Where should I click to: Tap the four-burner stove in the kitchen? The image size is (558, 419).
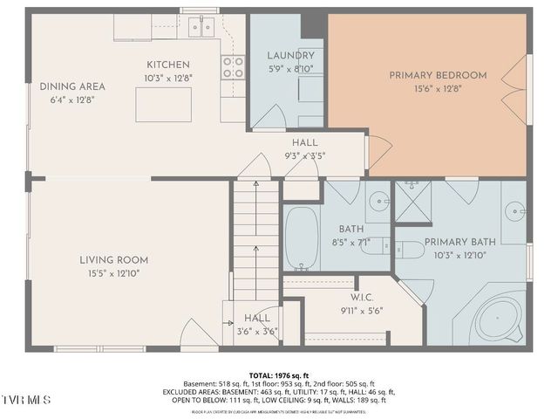[232, 67]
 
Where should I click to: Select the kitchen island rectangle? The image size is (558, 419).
[163, 105]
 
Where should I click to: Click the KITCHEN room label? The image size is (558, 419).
[168, 65]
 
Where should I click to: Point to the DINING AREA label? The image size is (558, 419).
[72, 86]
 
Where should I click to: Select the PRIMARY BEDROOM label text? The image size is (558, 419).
[437, 75]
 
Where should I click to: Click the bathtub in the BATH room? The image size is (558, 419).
[302, 237]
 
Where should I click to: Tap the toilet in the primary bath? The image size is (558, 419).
[408, 250]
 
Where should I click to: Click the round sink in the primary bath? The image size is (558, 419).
[515, 210]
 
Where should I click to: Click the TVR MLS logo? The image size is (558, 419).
[26, 400]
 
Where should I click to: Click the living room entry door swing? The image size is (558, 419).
[197, 334]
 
